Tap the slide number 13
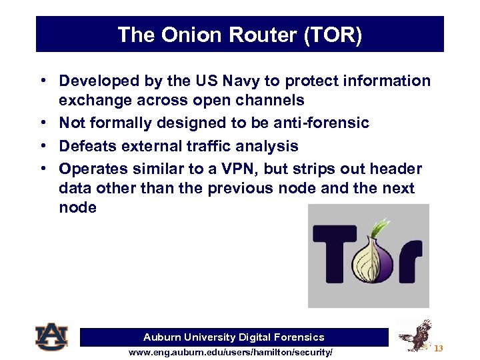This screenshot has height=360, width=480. pos(438,349)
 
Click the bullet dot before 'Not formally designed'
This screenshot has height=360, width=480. pos(42,123)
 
